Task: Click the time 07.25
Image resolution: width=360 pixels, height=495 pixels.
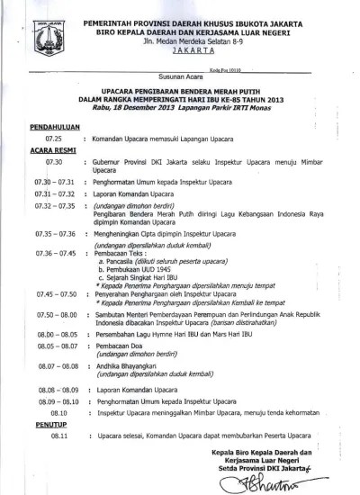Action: [x=55, y=140]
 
